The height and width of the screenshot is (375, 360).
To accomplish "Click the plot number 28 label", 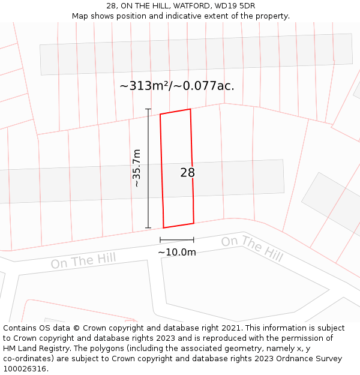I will click(188, 173).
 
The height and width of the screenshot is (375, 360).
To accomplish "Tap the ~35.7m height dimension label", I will click(137, 168).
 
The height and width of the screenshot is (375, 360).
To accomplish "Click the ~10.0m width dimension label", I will click(177, 252).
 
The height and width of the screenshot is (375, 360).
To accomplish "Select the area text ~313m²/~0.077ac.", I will click(177, 86).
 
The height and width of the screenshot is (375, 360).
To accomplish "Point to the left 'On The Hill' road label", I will click(83, 261).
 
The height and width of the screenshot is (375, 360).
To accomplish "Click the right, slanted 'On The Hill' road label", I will click(252, 248).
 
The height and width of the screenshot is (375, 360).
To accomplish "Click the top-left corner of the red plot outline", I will click(160, 114).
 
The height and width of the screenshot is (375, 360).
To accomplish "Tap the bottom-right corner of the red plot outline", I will click(194, 223).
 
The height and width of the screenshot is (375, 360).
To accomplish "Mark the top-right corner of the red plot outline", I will click(190, 109).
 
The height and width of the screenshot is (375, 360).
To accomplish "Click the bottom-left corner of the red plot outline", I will click(164, 228).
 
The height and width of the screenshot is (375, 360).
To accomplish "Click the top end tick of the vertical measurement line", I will click(148, 109).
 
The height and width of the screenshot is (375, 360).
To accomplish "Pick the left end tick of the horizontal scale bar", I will click(160, 240).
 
